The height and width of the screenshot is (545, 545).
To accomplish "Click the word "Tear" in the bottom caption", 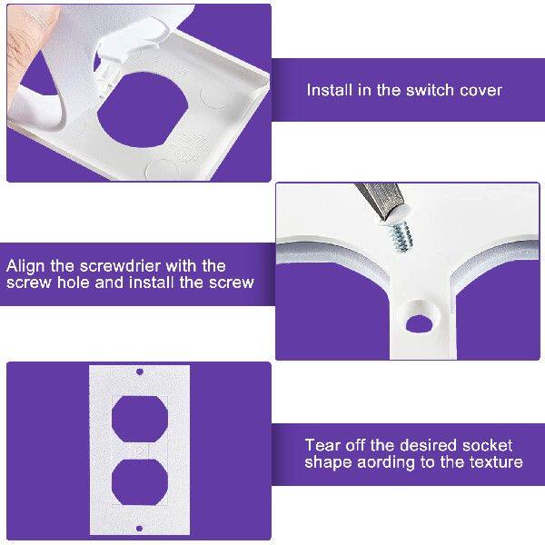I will click(x=322, y=445).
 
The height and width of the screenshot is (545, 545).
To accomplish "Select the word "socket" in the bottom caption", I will click(x=487, y=445).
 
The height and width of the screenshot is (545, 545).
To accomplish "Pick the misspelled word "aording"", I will click(x=383, y=461).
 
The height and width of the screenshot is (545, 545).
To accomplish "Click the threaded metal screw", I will click(x=400, y=235).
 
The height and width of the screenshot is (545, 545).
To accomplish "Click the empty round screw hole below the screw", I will click(x=418, y=322).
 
